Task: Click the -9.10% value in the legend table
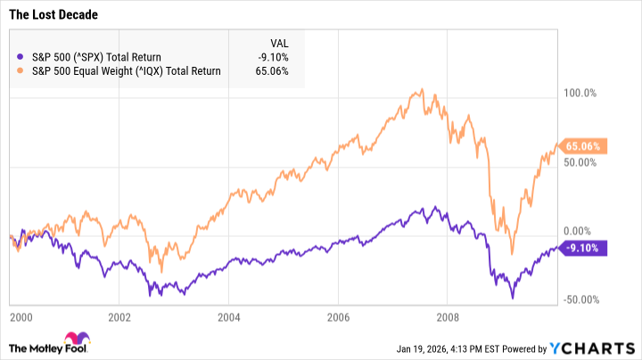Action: point(272,58)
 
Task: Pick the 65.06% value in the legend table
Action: point(272,71)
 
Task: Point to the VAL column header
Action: point(278,43)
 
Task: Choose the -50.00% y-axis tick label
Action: point(584,300)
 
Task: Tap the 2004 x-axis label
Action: point(229,316)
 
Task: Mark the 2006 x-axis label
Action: point(338,316)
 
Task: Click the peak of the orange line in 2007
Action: point(422,89)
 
